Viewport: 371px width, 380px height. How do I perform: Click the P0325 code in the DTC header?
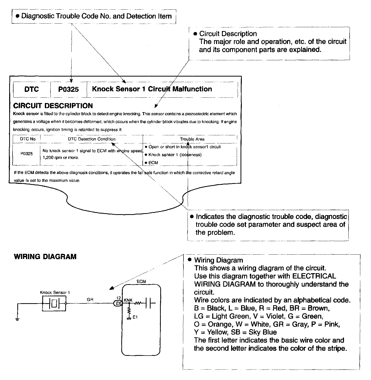(x=69, y=89)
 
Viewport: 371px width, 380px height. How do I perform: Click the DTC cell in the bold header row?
(x=32, y=89)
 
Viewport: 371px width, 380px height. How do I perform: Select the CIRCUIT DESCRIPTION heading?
(x=53, y=106)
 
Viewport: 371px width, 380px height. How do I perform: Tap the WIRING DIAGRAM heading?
(x=45, y=257)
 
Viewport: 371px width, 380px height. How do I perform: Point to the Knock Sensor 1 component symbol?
(x=54, y=303)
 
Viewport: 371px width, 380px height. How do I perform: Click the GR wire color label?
(x=90, y=300)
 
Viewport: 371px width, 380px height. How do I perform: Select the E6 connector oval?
(x=118, y=303)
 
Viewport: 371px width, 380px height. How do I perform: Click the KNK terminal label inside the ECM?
(x=128, y=300)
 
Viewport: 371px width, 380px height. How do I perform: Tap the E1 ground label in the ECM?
(x=135, y=317)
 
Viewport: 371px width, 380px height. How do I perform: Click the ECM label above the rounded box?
(x=141, y=282)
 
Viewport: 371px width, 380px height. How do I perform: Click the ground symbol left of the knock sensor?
(x=17, y=319)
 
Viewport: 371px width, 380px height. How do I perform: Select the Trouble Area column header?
(x=192, y=139)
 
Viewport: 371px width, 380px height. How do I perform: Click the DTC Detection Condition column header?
(x=91, y=139)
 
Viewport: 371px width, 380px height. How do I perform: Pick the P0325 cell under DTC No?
(x=26, y=154)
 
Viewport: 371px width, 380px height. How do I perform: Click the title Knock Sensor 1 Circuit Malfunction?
(x=152, y=89)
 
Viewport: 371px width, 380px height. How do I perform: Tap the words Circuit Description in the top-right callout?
(x=228, y=34)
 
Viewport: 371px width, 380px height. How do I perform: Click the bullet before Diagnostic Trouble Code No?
(x=18, y=16)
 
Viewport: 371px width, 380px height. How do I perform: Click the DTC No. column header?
(x=28, y=139)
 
